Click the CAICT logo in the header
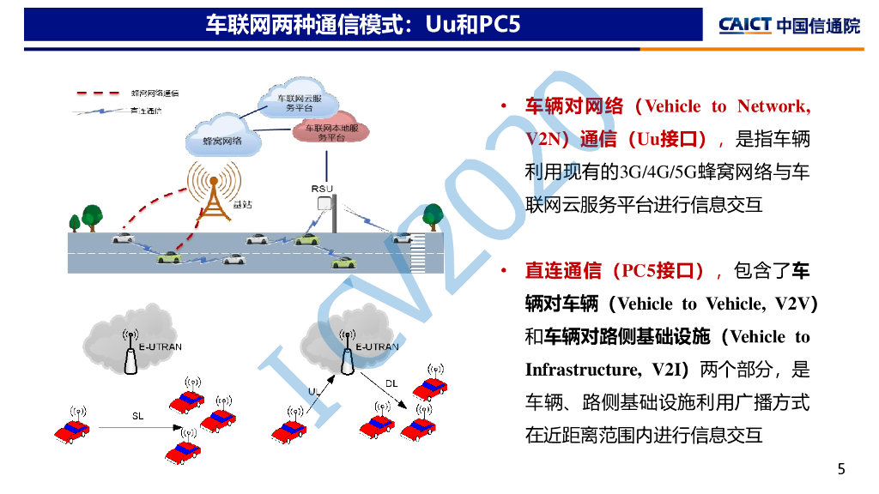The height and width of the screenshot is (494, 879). [788, 25]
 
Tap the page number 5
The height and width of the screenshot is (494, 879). [841, 468]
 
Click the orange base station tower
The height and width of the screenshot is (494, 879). [214, 196]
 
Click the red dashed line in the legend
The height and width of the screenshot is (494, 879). [95, 93]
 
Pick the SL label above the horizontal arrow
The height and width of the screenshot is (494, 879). [137, 416]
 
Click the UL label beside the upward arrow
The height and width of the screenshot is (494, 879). [314, 391]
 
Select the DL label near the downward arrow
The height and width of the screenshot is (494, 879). [391, 383]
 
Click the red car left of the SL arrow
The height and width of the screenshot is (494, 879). [72, 431]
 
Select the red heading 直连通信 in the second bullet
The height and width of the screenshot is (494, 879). [562, 271]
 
